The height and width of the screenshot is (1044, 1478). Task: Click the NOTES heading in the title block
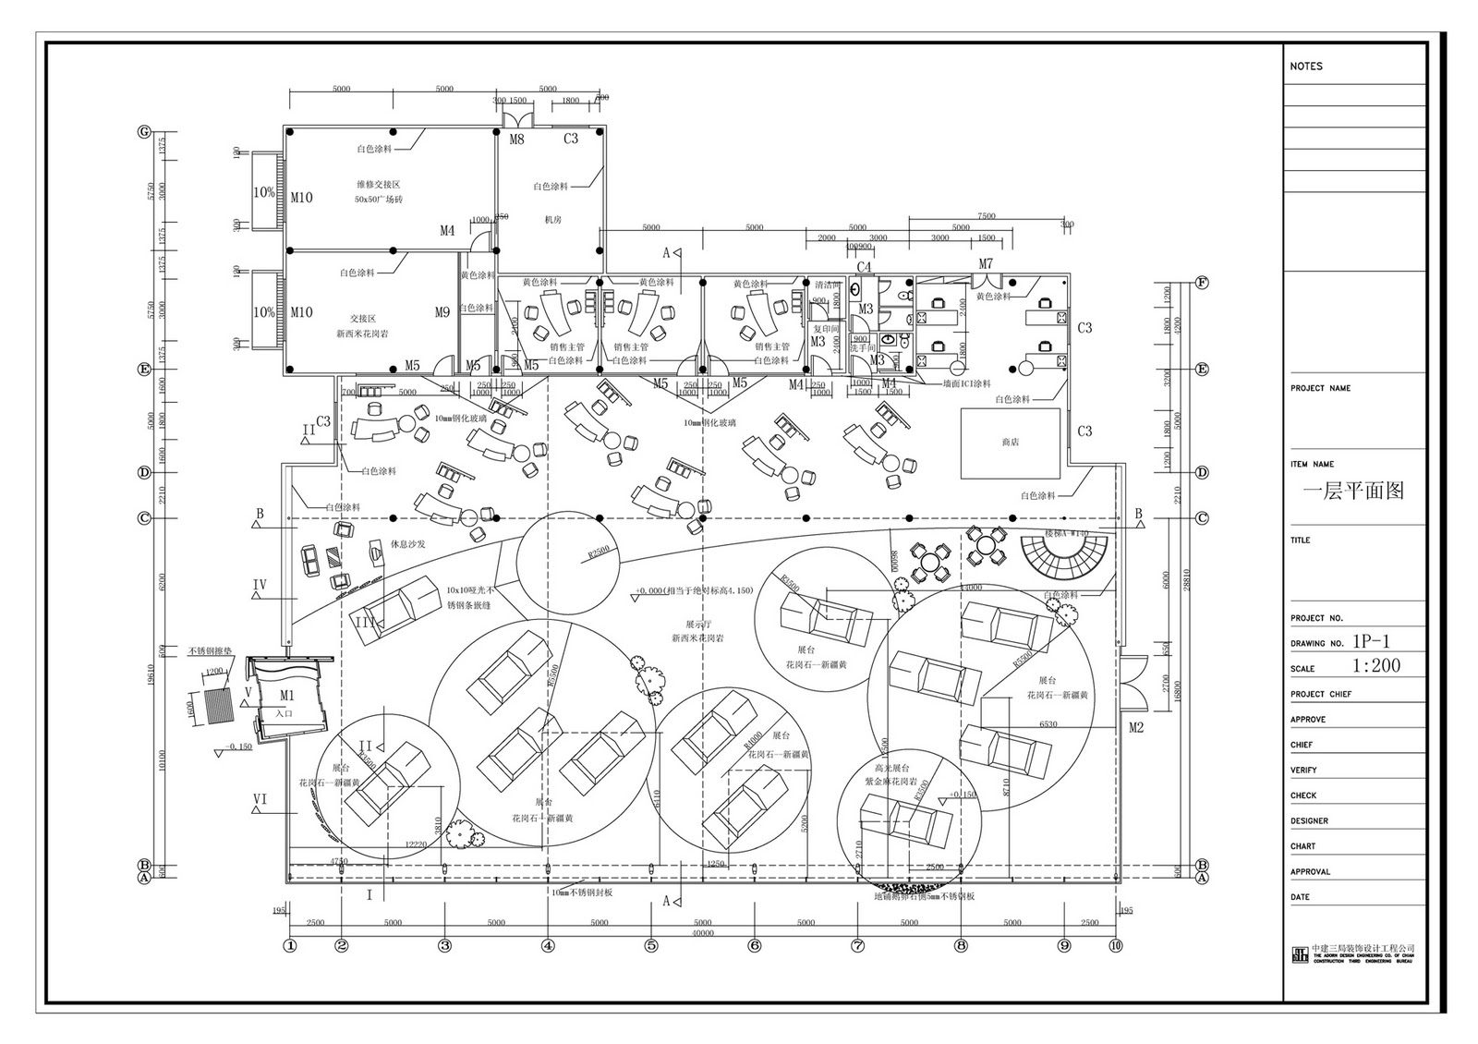tap(1306, 67)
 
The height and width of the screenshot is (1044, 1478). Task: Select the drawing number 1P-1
tap(1371, 641)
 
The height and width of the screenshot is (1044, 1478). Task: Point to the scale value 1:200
tap(1376, 666)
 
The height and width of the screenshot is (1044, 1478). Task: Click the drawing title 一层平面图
tap(1353, 491)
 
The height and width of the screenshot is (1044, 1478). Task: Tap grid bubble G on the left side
tap(144, 131)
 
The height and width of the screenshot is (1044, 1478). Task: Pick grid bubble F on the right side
tap(1202, 282)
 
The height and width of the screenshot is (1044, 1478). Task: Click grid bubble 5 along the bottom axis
tap(651, 945)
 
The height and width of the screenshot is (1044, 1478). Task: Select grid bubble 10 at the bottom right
tap(1116, 945)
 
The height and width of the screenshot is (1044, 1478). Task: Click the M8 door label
tap(517, 140)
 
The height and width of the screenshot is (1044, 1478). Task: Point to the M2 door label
tap(1136, 728)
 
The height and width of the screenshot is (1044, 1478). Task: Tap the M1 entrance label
tap(286, 695)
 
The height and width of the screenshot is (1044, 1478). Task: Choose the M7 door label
tap(986, 264)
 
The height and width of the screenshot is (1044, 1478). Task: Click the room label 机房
tap(552, 220)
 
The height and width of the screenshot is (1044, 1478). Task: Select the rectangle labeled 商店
tap(1010, 443)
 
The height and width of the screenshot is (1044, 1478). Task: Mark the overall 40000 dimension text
tap(702, 933)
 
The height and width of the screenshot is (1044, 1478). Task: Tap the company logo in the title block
tap(1300, 954)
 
